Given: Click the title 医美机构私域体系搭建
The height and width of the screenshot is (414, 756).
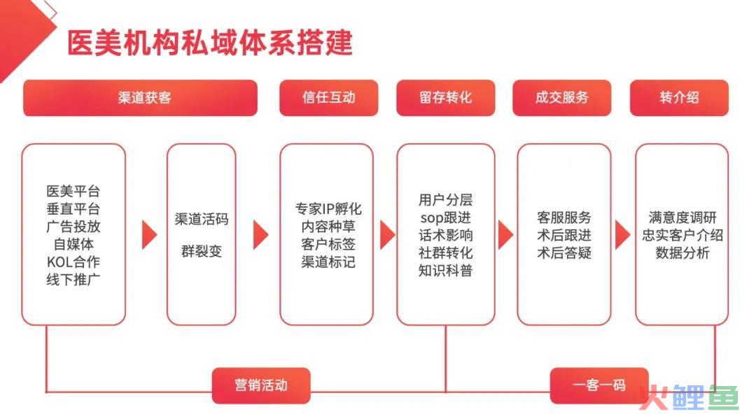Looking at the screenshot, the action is point(210,43).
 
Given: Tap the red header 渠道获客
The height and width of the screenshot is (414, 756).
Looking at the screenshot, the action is point(140,98).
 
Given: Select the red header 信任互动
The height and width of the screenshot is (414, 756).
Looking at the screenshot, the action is point(329,98).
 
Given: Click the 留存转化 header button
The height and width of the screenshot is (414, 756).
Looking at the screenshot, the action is point(445,98).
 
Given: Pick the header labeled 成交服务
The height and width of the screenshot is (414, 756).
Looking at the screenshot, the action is point(562,98).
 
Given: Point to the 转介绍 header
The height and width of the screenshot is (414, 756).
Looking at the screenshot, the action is point(679,98).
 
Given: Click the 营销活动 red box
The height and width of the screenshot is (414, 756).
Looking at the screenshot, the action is point(261,385).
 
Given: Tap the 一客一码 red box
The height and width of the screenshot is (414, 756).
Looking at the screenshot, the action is point(599,385).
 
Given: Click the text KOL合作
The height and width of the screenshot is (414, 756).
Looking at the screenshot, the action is point(73,262).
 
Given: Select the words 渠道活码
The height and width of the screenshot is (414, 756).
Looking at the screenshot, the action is point(202,220).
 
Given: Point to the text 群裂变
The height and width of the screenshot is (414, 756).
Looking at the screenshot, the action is point(202,251).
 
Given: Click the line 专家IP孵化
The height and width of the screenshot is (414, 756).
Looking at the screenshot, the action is point(328,208).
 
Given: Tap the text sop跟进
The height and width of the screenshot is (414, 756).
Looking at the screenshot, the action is point(445,218).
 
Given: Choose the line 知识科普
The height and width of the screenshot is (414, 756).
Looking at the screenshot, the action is point(445,271).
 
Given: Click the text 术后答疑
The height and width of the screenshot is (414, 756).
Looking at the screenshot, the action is point(564,252).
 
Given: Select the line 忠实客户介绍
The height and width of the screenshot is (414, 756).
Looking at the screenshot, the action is point(682,235).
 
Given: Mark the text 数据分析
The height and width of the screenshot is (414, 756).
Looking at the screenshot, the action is point(682,252).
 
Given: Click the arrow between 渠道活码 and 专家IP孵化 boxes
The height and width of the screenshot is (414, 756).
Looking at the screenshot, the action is point(260,235).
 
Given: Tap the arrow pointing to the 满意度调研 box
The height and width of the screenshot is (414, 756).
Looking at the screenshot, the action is point(622,235).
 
